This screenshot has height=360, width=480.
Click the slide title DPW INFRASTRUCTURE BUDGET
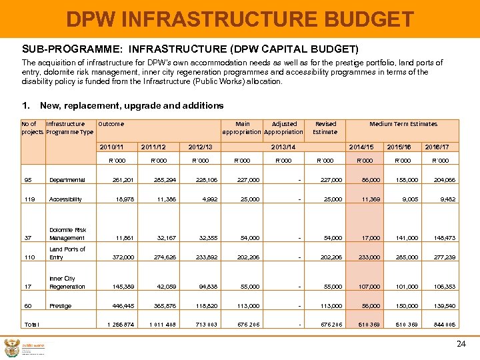click(x=240, y=19)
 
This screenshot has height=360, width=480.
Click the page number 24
click(x=461, y=344)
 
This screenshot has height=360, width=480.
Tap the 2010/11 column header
click(x=111, y=147)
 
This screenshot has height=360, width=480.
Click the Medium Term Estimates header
click(x=403, y=124)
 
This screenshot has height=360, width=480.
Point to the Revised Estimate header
click(x=325, y=128)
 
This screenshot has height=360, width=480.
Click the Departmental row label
click(x=67, y=179)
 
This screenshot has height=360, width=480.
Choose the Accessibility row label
click(x=65, y=199)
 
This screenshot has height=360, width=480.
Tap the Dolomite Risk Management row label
click(x=67, y=234)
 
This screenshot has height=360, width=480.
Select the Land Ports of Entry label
click(x=67, y=253)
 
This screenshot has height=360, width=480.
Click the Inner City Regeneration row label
click(x=67, y=283)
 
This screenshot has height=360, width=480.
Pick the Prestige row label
click(x=61, y=306)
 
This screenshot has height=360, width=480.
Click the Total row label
click(x=31, y=325)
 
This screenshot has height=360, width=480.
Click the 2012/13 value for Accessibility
click(x=204, y=199)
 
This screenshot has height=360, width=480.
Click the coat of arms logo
click(x=11, y=347)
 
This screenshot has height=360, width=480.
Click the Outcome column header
click(x=111, y=124)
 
